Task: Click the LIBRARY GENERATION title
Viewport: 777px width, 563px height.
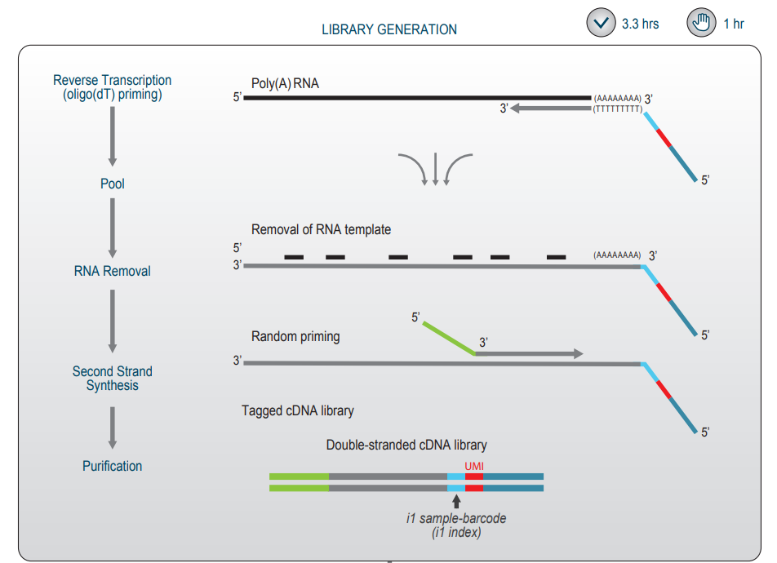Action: (x=388, y=29)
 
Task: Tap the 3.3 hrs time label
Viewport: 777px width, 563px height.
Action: (x=640, y=24)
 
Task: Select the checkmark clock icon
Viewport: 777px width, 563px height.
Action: (x=601, y=23)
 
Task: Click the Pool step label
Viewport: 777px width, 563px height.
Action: (x=113, y=184)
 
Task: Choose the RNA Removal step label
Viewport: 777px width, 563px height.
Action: (x=113, y=271)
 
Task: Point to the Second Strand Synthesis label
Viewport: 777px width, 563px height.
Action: (x=113, y=379)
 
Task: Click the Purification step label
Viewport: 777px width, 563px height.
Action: (x=113, y=467)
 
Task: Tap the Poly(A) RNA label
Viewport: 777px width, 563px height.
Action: (x=285, y=84)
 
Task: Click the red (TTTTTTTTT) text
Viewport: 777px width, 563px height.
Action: (x=618, y=109)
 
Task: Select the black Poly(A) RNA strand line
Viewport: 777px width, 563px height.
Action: (x=416, y=98)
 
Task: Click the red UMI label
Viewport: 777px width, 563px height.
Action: (x=474, y=465)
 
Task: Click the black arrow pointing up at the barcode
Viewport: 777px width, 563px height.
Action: (x=456, y=501)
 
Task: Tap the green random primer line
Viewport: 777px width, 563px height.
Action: (x=449, y=338)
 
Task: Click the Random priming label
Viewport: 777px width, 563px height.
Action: (x=295, y=337)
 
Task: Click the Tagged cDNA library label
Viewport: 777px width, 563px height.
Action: (x=298, y=410)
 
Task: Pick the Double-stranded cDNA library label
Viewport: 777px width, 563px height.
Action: (x=406, y=446)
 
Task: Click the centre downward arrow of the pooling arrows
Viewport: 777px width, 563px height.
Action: (x=436, y=169)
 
